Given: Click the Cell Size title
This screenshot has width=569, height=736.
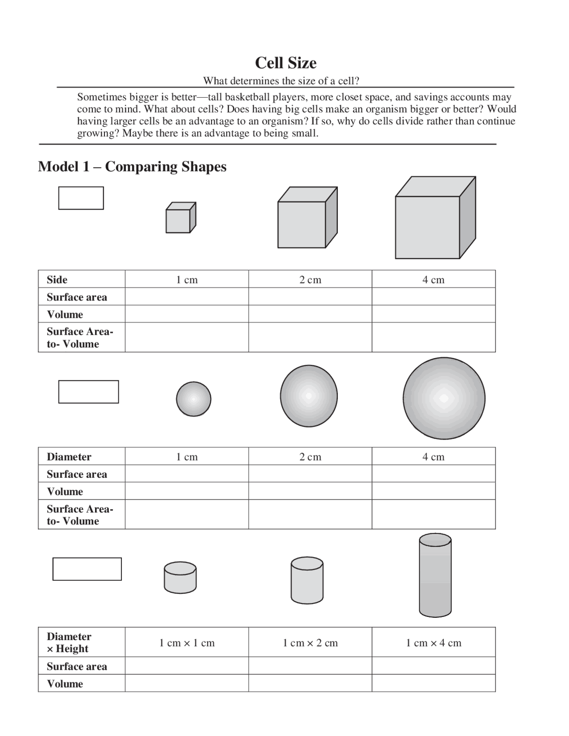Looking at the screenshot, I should pyautogui.click(x=285, y=63).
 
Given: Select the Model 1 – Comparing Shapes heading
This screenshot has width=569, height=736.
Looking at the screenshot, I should pyautogui.click(x=132, y=167).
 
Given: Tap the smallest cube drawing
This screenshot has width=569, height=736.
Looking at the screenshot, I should pyautogui.click(x=180, y=218).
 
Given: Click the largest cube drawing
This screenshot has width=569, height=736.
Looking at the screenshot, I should pyautogui.click(x=435, y=218).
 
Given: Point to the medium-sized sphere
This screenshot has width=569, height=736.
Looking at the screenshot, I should pyautogui.click(x=309, y=396).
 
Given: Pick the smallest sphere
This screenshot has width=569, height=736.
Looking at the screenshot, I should pyautogui.click(x=193, y=399).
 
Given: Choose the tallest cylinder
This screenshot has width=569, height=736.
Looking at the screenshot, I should pyautogui.click(x=435, y=576).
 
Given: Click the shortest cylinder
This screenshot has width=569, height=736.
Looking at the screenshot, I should pyautogui.click(x=180, y=578).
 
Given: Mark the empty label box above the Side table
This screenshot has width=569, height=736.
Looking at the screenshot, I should pyautogui.click(x=81, y=198).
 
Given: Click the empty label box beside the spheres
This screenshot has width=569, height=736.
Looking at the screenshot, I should pyautogui.click(x=88, y=392).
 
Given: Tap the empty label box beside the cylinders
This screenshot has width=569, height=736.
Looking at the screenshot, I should pyautogui.click(x=87, y=569).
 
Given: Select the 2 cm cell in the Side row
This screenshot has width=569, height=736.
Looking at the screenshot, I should pyautogui.click(x=310, y=280).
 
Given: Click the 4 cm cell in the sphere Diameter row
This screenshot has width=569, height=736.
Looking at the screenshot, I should pyautogui.click(x=433, y=457).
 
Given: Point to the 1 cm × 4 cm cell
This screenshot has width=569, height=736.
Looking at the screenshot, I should pyautogui.click(x=433, y=643).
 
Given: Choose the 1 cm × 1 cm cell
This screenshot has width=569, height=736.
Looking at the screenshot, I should pyautogui.click(x=187, y=643).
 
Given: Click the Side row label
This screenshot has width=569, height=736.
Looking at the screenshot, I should pyautogui.click(x=57, y=280).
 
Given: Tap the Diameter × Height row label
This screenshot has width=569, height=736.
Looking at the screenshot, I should pyautogui.click(x=69, y=643).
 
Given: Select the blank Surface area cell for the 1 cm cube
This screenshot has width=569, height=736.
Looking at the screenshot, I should pyautogui.click(x=187, y=297).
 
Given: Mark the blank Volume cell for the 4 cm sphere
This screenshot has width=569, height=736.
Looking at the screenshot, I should pyautogui.click(x=433, y=491).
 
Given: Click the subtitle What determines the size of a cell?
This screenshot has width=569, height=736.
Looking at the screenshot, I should pyautogui.click(x=281, y=81).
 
